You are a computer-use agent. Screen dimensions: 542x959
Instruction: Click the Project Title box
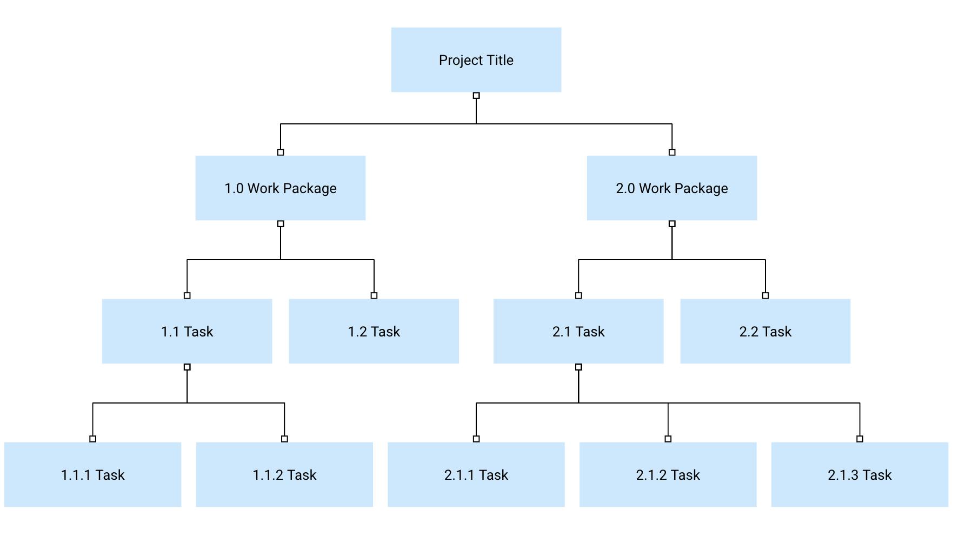(x=476, y=60)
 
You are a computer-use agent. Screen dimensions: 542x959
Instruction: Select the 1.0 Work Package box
(x=280, y=188)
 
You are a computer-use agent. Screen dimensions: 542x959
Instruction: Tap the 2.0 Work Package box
(x=671, y=188)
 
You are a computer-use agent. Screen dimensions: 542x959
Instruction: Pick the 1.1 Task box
(x=187, y=332)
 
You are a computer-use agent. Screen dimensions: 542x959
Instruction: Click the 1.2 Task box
(x=374, y=332)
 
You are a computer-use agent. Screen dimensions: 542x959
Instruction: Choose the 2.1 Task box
(x=578, y=332)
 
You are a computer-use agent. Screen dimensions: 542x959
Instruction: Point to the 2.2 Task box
(x=765, y=332)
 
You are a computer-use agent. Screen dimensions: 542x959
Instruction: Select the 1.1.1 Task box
(x=92, y=475)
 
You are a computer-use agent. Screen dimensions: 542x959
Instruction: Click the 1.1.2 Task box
(x=284, y=475)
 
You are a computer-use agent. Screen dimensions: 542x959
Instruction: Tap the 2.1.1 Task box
(x=476, y=475)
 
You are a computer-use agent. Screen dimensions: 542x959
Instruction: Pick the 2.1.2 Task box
(x=668, y=475)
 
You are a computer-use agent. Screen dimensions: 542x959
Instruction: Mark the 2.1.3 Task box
(x=860, y=475)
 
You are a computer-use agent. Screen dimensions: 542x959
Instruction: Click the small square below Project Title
(x=476, y=96)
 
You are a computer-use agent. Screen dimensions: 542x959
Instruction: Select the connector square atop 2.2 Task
(x=765, y=295)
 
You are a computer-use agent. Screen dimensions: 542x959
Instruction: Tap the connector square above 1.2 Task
(x=374, y=295)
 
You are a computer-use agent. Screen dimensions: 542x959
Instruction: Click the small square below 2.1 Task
(x=578, y=367)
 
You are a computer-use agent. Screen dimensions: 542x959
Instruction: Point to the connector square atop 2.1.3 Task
(x=860, y=439)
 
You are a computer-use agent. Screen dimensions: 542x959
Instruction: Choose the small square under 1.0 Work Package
(x=281, y=224)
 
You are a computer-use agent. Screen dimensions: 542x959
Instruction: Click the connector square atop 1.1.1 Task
(x=93, y=439)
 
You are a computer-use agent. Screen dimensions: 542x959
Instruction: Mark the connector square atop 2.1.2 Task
(x=668, y=439)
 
